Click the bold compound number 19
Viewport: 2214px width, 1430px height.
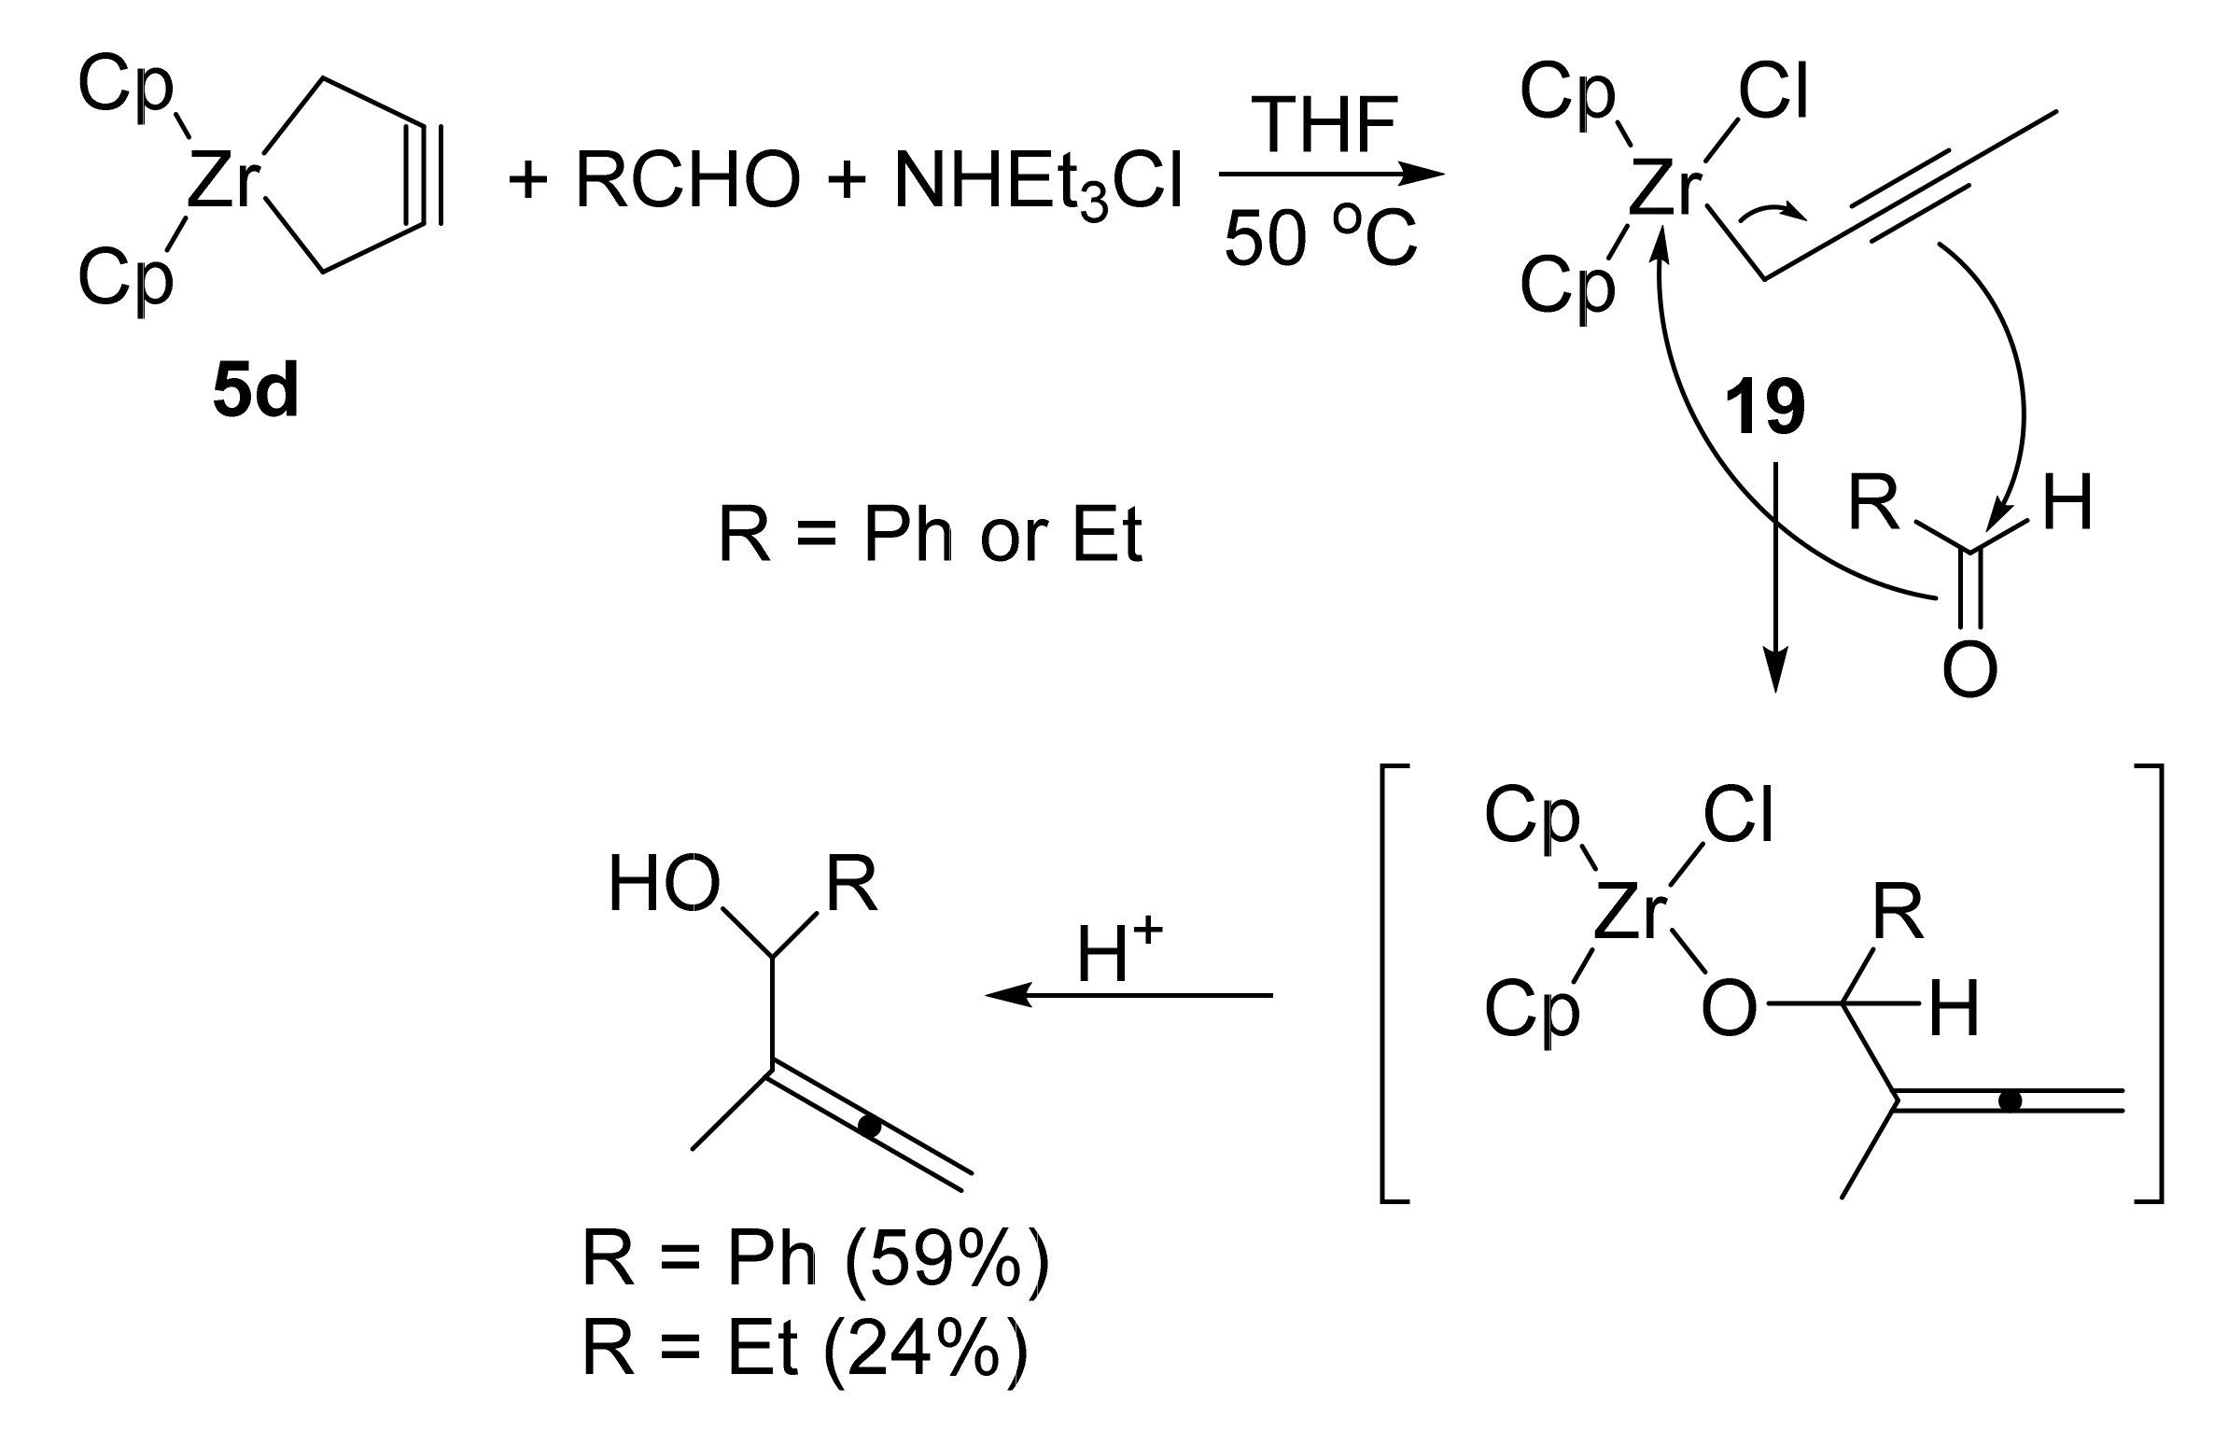(1764, 409)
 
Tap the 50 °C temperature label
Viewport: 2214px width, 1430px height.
(1320, 239)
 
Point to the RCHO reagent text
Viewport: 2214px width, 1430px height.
(688, 180)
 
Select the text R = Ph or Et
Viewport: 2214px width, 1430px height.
(930, 536)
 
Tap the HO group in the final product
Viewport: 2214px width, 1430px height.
(664, 885)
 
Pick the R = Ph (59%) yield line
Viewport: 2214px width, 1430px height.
(815, 1261)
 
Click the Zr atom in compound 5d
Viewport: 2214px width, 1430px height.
(222, 181)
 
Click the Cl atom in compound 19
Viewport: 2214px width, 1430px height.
(1773, 94)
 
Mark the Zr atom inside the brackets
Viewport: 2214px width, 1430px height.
(1630, 915)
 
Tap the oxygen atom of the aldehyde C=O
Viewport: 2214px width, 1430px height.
(1969, 669)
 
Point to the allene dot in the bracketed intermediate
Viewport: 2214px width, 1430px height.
(2010, 1101)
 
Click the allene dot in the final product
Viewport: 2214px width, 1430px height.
(870, 1128)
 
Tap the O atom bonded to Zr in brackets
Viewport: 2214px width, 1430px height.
(1729, 1009)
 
